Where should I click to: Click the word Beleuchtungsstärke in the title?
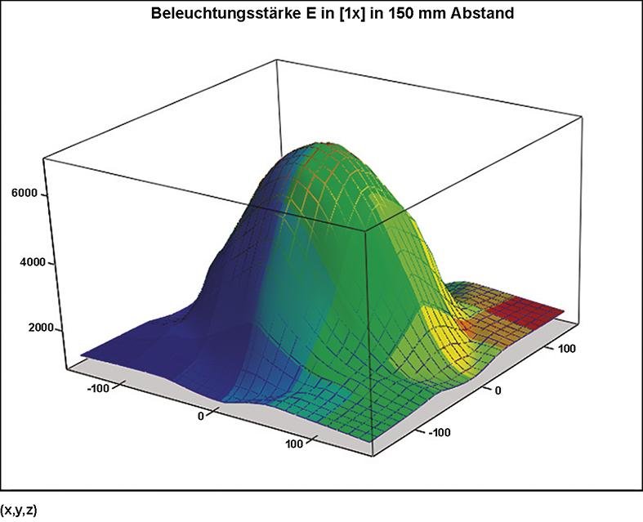219,13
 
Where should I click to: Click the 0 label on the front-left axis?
201,417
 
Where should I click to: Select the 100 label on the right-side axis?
566,349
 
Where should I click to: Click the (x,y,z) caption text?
19,512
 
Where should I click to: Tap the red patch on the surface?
529,310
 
